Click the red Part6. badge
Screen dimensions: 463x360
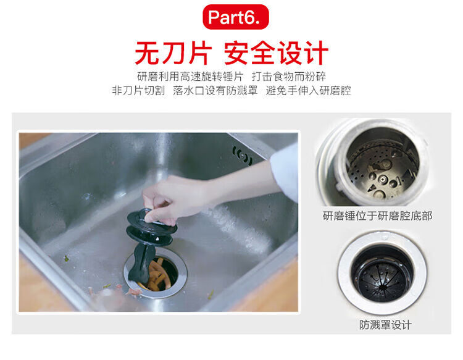(x=236, y=17)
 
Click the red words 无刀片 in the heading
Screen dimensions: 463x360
(x=173, y=53)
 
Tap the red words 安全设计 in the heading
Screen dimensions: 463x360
(x=276, y=53)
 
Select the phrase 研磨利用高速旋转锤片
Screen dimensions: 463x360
(x=190, y=77)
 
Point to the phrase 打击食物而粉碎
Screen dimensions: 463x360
(x=289, y=77)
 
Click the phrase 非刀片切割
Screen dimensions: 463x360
(x=138, y=90)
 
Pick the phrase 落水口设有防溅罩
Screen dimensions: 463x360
(x=215, y=90)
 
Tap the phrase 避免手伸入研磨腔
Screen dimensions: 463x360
(x=308, y=90)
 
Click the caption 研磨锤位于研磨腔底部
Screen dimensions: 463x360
(x=377, y=216)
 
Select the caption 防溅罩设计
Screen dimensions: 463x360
(x=385, y=325)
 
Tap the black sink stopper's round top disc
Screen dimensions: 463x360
(x=151, y=220)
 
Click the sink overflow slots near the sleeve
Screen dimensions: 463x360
(x=242, y=156)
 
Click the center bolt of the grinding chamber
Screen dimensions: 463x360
(x=383, y=178)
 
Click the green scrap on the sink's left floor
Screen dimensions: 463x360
(x=67, y=258)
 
